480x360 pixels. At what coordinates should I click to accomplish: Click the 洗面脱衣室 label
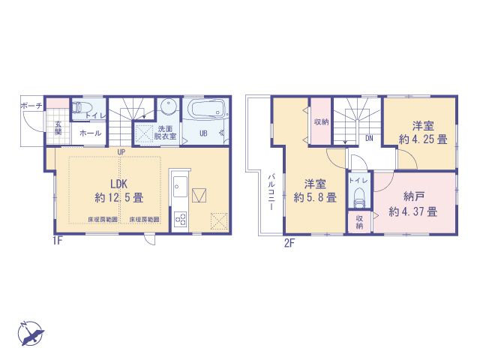[166, 132]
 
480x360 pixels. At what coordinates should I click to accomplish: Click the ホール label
[91, 132]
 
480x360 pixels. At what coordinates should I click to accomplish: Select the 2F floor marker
[289, 241]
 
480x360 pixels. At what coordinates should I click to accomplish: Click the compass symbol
[29, 333]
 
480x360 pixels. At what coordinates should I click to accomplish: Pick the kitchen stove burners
[180, 218]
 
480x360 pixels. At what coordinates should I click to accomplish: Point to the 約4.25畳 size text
[422, 139]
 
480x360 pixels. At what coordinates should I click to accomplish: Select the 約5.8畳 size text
[314, 198]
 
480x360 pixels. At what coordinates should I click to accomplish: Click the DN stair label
[369, 138]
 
